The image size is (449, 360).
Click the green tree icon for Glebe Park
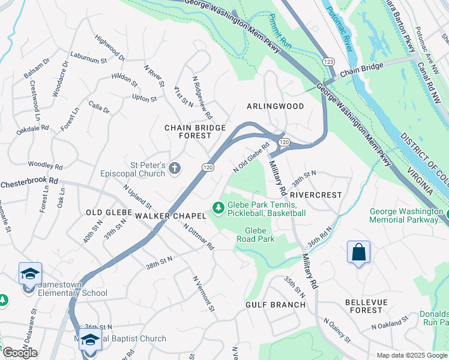coord(218,208)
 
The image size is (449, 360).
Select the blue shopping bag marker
coord(358,253)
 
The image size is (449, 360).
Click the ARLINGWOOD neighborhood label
coord(276,106)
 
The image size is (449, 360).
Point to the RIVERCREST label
coord(315,195)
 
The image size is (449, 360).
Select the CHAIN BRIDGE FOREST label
coord(196,131)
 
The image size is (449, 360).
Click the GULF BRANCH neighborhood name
coord(276,305)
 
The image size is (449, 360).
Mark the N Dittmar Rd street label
coord(199,237)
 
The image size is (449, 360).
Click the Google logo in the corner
coord(20,353)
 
